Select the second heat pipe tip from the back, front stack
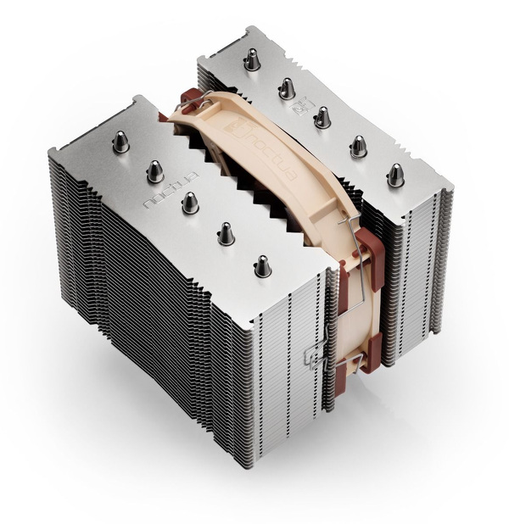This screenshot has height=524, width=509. [x=155, y=170]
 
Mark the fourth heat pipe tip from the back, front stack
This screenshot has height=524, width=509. [x=226, y=231]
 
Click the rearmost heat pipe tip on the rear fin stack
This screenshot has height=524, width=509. [x=251, y=59]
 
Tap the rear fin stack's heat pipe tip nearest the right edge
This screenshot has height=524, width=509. [x=394, y=175]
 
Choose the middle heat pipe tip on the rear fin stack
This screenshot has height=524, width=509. [x=322, y=116]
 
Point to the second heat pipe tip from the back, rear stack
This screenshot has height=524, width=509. [x=287, y=87]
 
